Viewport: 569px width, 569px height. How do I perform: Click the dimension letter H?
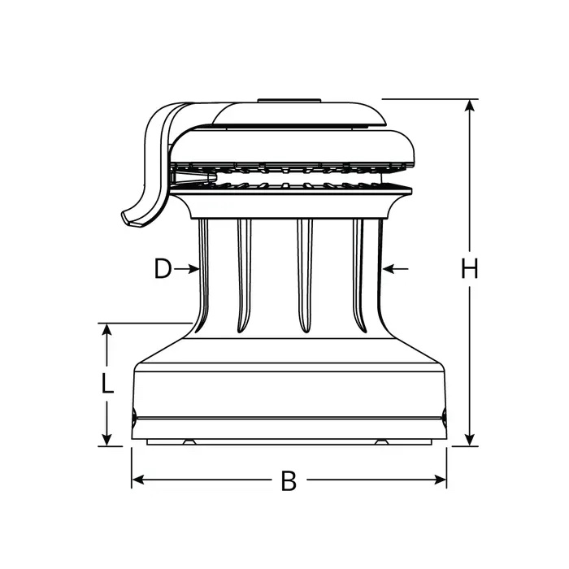pos(469,269)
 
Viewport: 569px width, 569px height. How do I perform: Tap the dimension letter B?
pos(289,481)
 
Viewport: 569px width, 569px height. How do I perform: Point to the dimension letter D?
pos(163,269)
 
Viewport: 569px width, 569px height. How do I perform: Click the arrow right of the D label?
pos(193,268)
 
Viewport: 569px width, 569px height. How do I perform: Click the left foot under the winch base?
pos(189,442)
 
